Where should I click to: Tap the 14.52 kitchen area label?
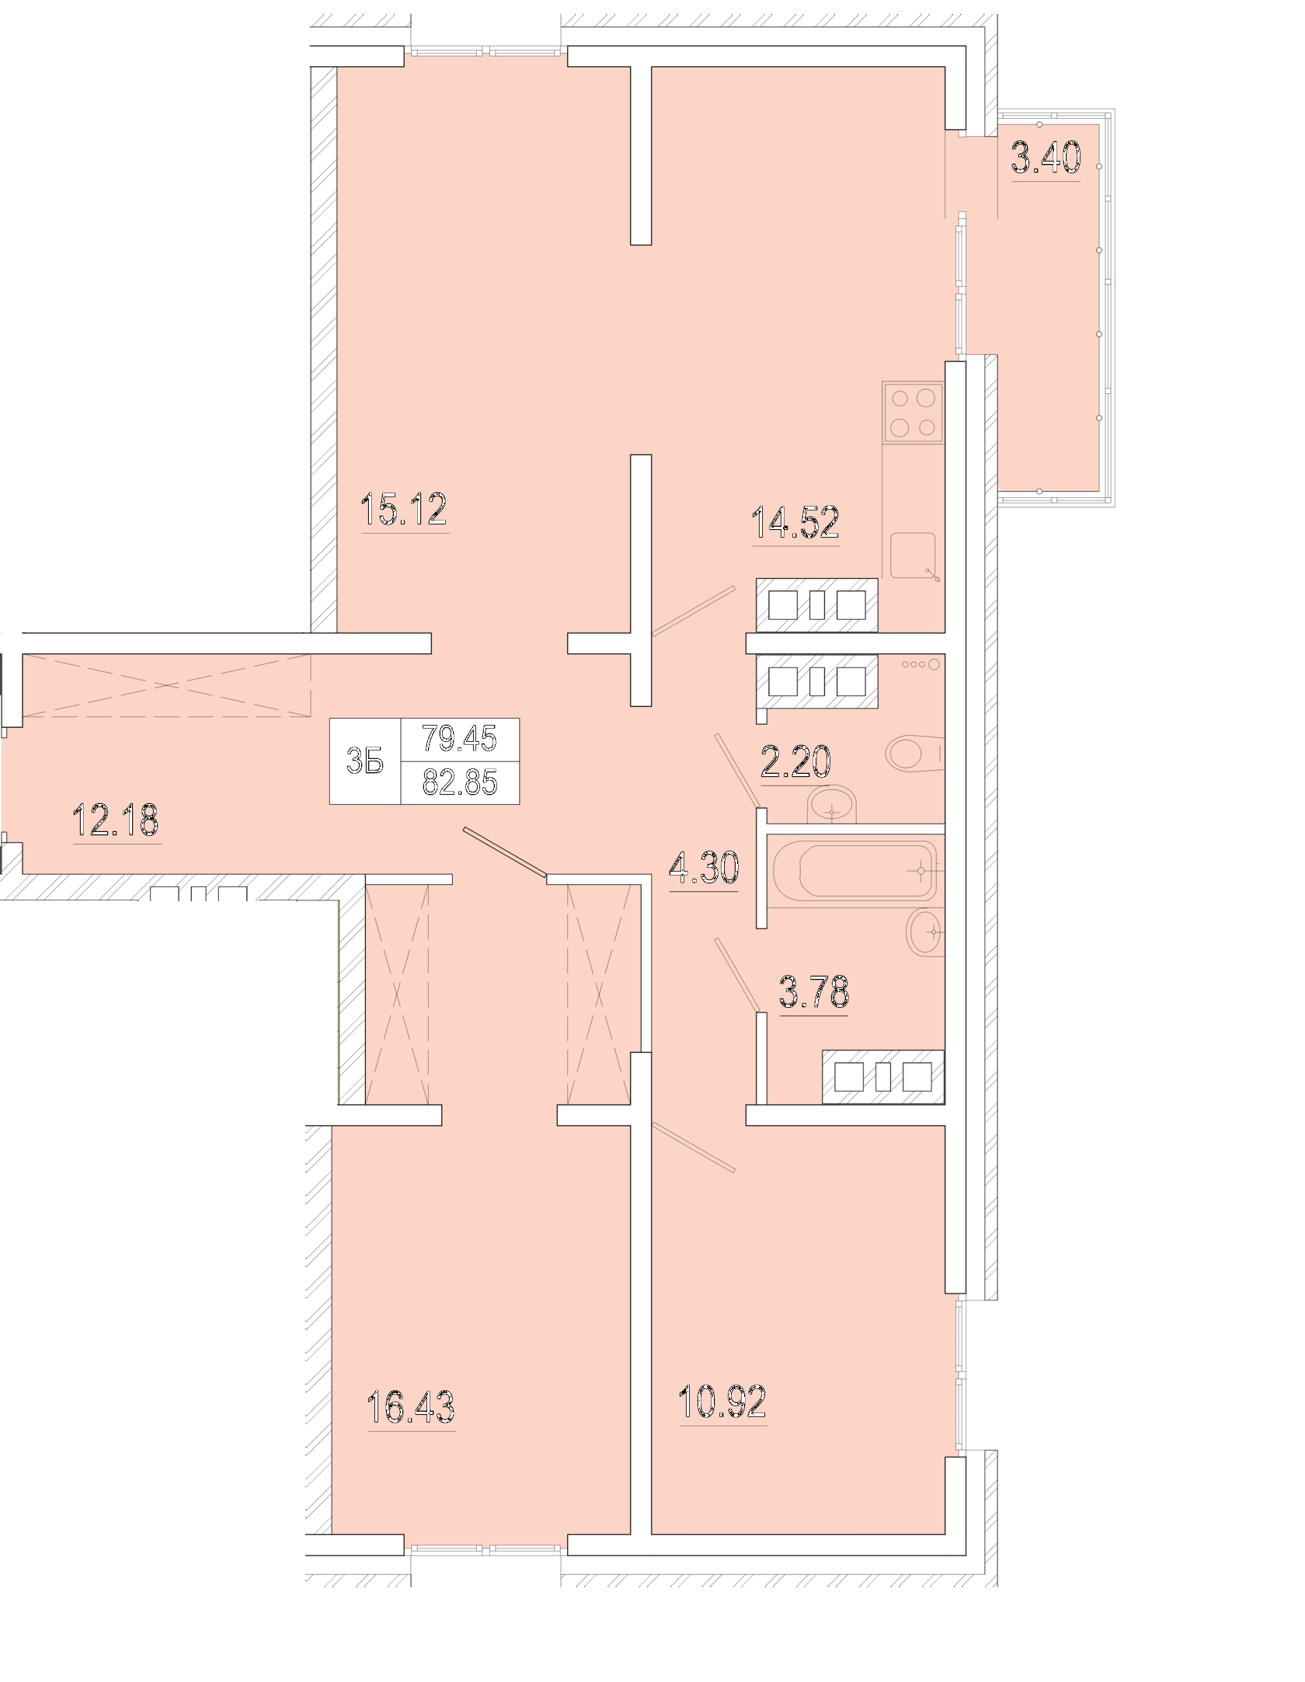click(796, 522)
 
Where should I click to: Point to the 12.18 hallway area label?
click(116, 820)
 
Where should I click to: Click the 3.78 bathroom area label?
click(814, 991)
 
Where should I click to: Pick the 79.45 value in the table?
click(459, 738)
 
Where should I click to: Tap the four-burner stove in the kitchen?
click(913, 413)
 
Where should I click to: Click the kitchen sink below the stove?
click(913, 555)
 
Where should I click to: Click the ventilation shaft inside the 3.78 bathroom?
click(884, 1077)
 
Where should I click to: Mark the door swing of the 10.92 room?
click(694, 1147)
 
